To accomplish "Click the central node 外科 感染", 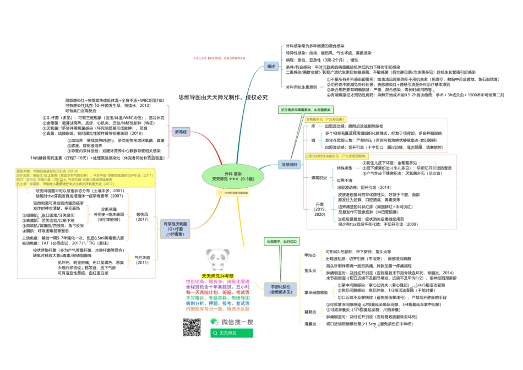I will point(233,176).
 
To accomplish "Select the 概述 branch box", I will point(271,66).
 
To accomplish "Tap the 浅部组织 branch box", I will point(288,165).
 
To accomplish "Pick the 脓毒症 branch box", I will point(181,132).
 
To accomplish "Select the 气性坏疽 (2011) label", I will point(143,260).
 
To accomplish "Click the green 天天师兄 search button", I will point(231,333).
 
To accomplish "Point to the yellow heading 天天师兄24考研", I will point(217,276).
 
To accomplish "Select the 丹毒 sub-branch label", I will point(320,206).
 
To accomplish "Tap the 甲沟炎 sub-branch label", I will point(310,255).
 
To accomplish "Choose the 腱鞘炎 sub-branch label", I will point(310,311).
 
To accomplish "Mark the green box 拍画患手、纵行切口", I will point(282,241).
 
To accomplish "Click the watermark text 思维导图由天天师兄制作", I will point(223,97).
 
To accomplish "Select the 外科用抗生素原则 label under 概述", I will point(301,87).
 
